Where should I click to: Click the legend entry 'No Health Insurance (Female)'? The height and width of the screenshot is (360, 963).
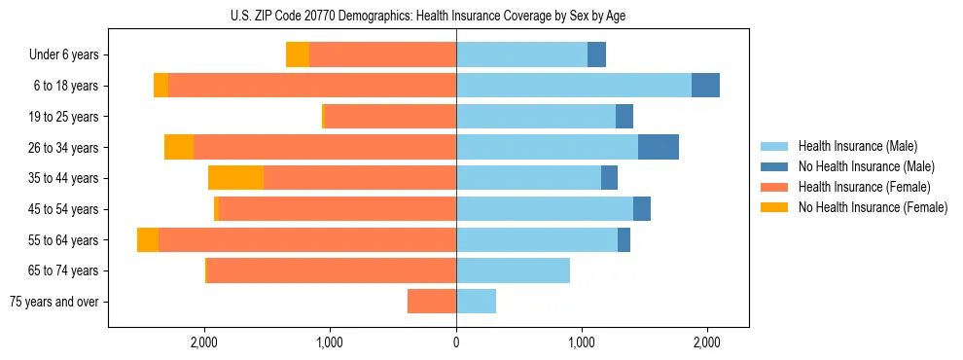pos(873,207)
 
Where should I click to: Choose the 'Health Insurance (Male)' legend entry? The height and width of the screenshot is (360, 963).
pos(857,146)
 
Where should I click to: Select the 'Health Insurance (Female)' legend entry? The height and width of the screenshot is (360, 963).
pos(864,187)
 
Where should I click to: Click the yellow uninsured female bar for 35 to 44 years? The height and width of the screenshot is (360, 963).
pos(235,178)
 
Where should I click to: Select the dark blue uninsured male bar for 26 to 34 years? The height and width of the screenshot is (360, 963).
pos(659,147)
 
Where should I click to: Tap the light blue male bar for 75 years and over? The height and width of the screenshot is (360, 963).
pos(476,302)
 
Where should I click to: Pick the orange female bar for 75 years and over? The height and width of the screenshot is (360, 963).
pos(432,302)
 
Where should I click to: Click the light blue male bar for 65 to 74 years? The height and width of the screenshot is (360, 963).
pos(513,270)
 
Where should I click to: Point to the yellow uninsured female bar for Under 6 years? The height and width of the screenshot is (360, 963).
pos(298,55)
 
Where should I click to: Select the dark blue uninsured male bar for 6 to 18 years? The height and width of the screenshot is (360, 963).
pos(705,86)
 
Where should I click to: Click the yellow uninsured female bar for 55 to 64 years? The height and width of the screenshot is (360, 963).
pos(148,240)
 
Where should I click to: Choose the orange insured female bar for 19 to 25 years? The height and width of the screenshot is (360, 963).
pos(389,117)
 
